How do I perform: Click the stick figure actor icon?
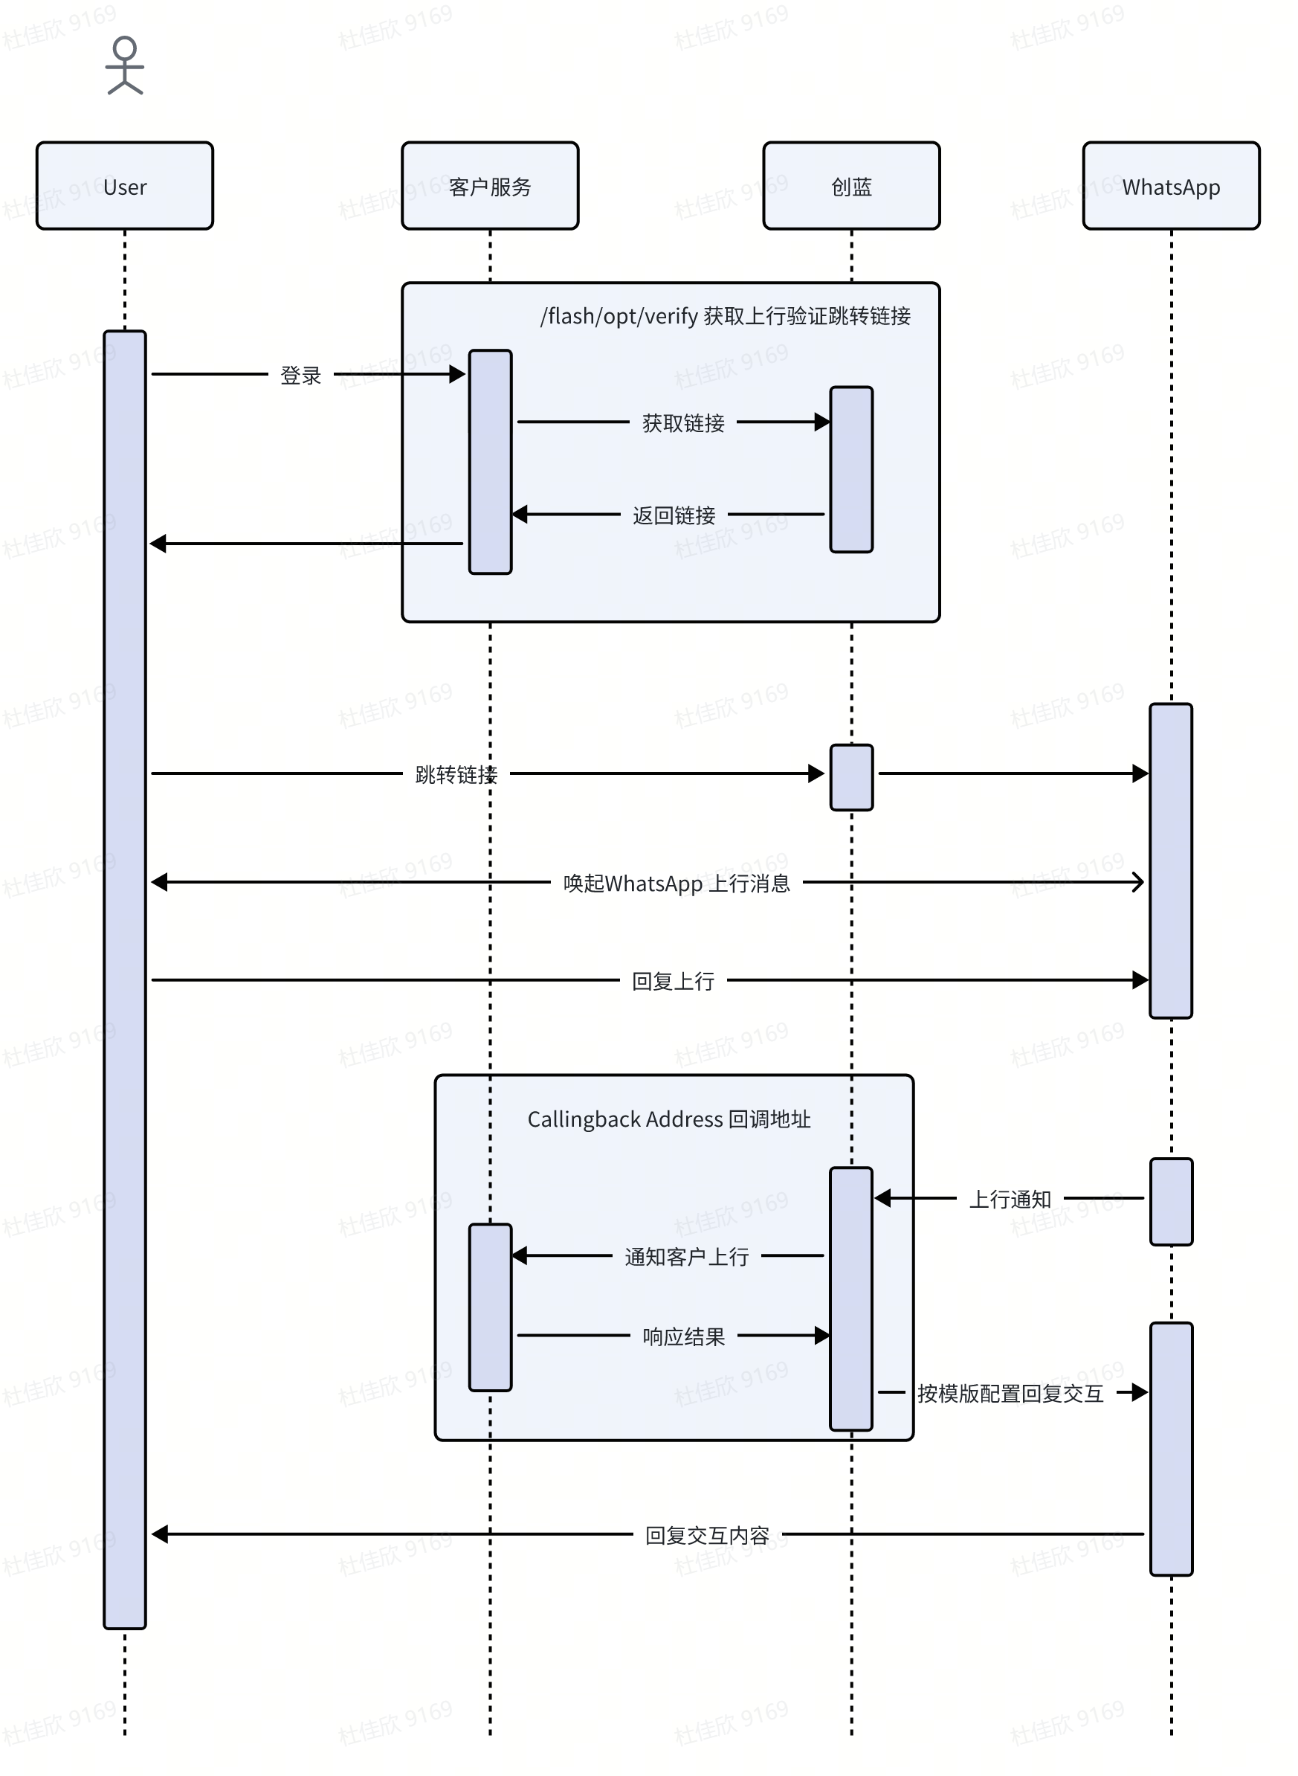point(125,66)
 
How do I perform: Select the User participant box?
point(125,186)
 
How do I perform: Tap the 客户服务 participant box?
point(491,186)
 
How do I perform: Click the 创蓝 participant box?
point(852,186)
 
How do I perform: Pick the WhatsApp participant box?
point(1171,186)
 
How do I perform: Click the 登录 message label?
point(301,376)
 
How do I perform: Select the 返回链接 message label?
point(674,515)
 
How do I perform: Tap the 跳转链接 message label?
point(456,775)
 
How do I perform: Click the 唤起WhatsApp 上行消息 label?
point(677,884)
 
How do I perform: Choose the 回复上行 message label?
point(674,982)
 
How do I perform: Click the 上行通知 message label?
point(1010,1199)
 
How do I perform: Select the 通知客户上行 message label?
point(687,1257)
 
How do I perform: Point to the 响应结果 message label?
point(684,1336)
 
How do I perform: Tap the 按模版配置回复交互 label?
point(1010,1393)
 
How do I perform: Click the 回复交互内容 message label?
point(707,1535)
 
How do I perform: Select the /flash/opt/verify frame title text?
point(726,316)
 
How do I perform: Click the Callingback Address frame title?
point(668,1119)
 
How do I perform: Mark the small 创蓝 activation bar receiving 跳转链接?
point(852,777)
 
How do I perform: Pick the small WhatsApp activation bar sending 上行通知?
point(1171,1202)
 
